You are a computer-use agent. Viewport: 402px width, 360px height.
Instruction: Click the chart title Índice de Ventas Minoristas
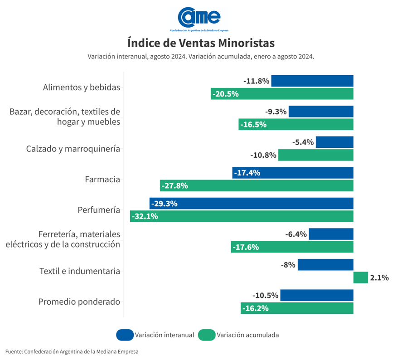(x=201, y=43)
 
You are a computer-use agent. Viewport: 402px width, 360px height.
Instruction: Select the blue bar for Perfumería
(x=252, y=204)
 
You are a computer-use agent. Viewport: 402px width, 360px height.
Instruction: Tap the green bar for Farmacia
(x=257, y=185)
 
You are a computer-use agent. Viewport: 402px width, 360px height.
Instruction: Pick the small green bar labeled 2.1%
(x=360, y=277)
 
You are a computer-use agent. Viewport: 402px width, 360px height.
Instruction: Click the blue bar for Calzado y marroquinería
(x=334, y=142)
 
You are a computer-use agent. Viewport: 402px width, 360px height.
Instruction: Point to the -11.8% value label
(x=257, y=81)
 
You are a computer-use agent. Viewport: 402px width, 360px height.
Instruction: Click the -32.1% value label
(x=145, y=216)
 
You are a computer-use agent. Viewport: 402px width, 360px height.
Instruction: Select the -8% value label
(x=288, y=264)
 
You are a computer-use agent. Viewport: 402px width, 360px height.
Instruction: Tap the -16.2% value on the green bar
(x=256, y=308)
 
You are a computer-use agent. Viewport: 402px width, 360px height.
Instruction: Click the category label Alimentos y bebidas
(x=82, y=88)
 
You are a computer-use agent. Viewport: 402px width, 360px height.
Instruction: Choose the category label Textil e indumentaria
(x=80, y=271)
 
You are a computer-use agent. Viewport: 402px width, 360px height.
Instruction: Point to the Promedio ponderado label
(x=79, y=302)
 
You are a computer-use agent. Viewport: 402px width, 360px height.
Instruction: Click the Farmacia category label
(x=102, y=179)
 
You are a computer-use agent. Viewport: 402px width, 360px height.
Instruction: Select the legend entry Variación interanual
(x=164, y=335)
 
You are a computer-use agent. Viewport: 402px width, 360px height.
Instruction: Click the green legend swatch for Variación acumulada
(x=207, y=335)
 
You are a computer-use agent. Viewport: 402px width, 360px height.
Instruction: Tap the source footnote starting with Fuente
(x=72, y=351)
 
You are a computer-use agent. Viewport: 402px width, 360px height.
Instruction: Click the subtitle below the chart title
(x=201, y=57)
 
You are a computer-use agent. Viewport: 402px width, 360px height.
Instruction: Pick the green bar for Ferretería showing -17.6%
(x=292, y=247)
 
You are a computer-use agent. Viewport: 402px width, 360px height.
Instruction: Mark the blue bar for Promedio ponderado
(x=316, y=295)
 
